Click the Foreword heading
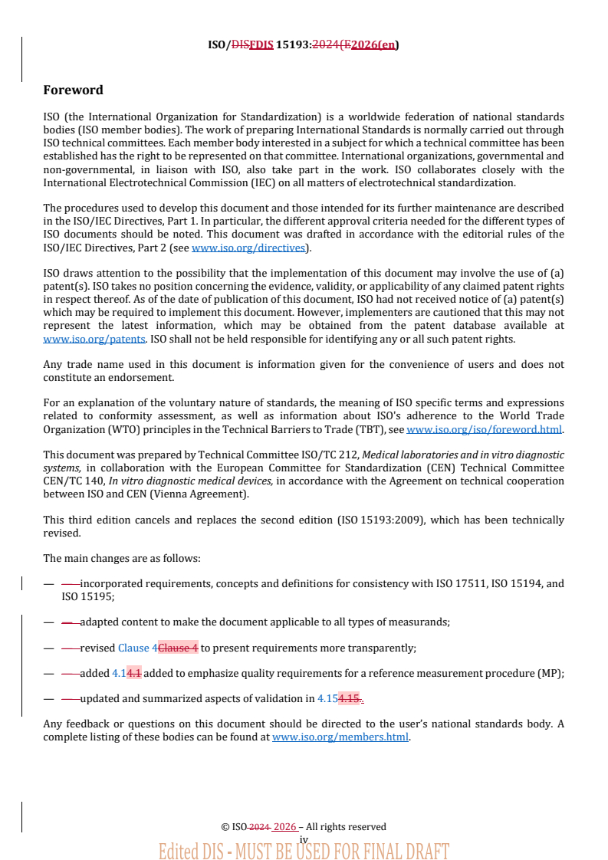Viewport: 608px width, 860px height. [73, 90]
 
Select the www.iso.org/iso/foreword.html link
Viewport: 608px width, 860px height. [484, 429]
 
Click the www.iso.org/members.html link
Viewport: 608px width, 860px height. [340, 737]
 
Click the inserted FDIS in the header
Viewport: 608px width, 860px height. [261, 44]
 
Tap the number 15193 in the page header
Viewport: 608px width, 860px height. [293, 44]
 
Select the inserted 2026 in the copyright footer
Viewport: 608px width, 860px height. [284, 827]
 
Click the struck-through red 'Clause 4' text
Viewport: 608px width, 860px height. [178, 648]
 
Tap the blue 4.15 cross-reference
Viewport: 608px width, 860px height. [327, 698]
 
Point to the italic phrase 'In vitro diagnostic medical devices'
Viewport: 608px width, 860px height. [190, 481]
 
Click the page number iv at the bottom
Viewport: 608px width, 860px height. [304, 840]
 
